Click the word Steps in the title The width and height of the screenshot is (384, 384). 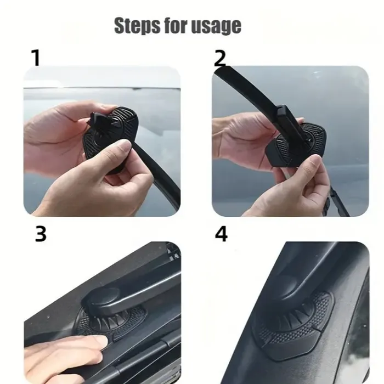coord(135,25)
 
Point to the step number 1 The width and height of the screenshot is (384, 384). coord(36,58)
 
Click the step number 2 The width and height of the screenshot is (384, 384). coord(219,58)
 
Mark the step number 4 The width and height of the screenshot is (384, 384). coord(221,234)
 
